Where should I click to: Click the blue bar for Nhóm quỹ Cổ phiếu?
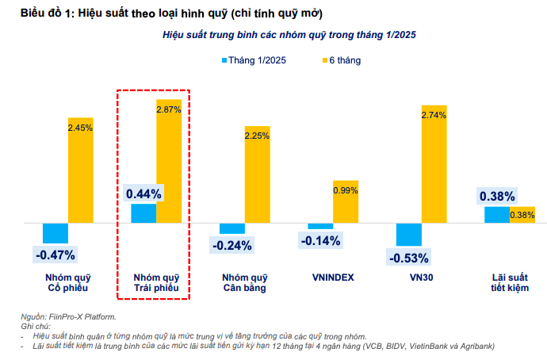point(55,233)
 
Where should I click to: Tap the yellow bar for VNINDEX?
point(345,202)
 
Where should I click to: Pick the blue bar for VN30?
point(408,235)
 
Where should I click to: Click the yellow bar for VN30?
point(434,164)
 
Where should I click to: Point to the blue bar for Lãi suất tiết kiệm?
point(497,215)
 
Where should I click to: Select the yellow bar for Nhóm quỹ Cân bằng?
point(257,174)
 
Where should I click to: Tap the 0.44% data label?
point(143,193)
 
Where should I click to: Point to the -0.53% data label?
point(408,258)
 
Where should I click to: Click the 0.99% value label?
point(346,190)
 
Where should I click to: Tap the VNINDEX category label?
point(332,278)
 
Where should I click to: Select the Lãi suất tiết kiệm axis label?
point(509,282)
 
